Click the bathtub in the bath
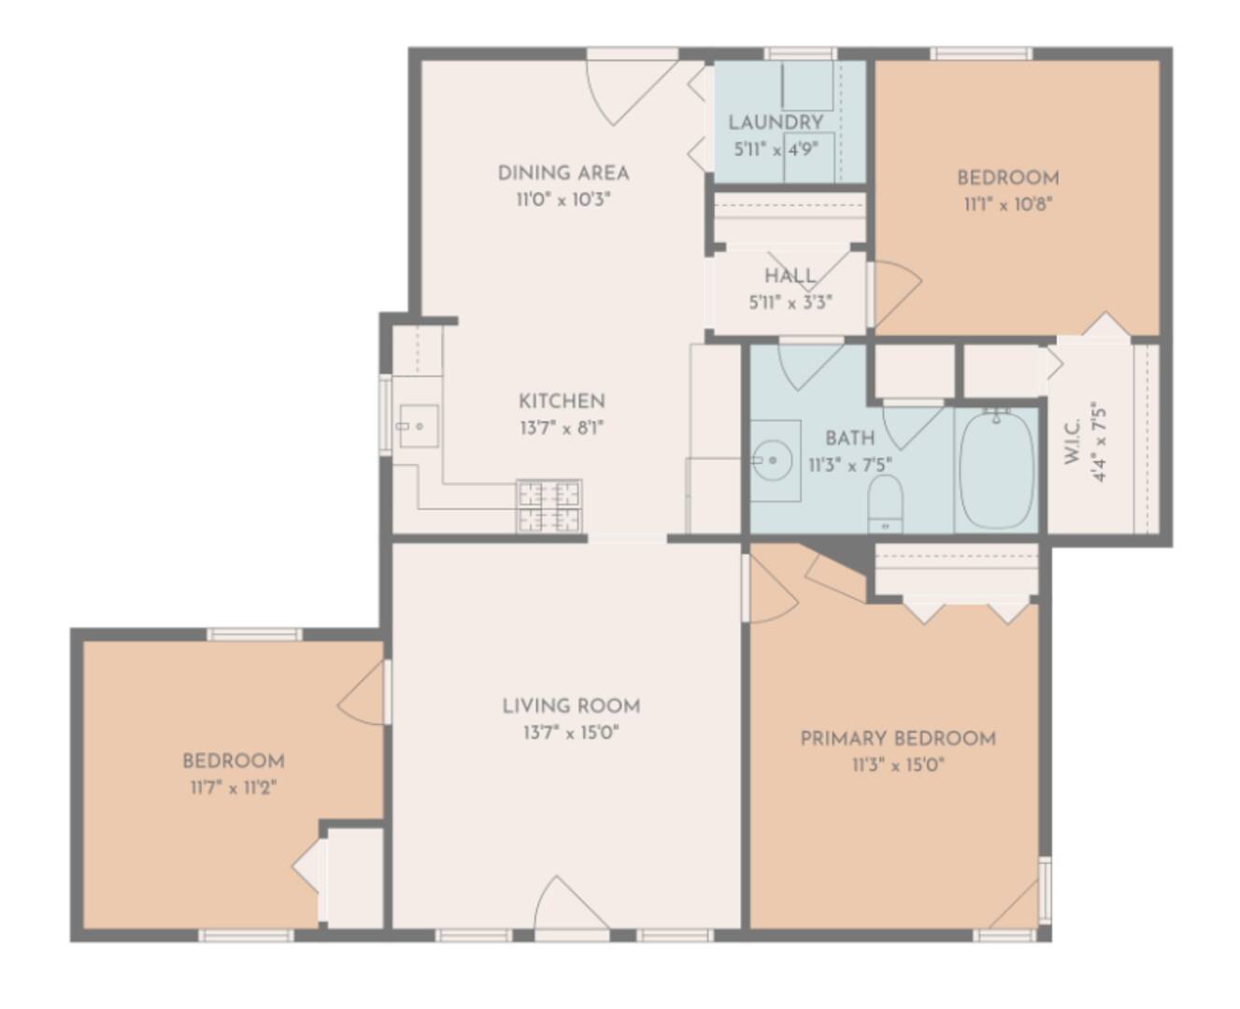pos(997,470)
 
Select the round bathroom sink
pos(773,460)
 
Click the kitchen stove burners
pos(549,505)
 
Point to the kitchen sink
pos(418,426)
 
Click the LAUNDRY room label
pos(776,122)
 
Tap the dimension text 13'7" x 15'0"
pos(571,732)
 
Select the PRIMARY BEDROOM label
pos(897,738)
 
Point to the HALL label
pos(790,276)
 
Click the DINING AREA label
pos(563,173)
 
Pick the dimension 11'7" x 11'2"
pos(233,788)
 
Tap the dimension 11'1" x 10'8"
pos(1008,205)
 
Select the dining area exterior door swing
pos(626,89)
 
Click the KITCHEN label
pos(562,401)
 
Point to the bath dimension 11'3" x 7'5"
pos(849,464)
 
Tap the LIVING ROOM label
pos(571,705)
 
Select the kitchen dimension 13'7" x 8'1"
pos(562,429)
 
